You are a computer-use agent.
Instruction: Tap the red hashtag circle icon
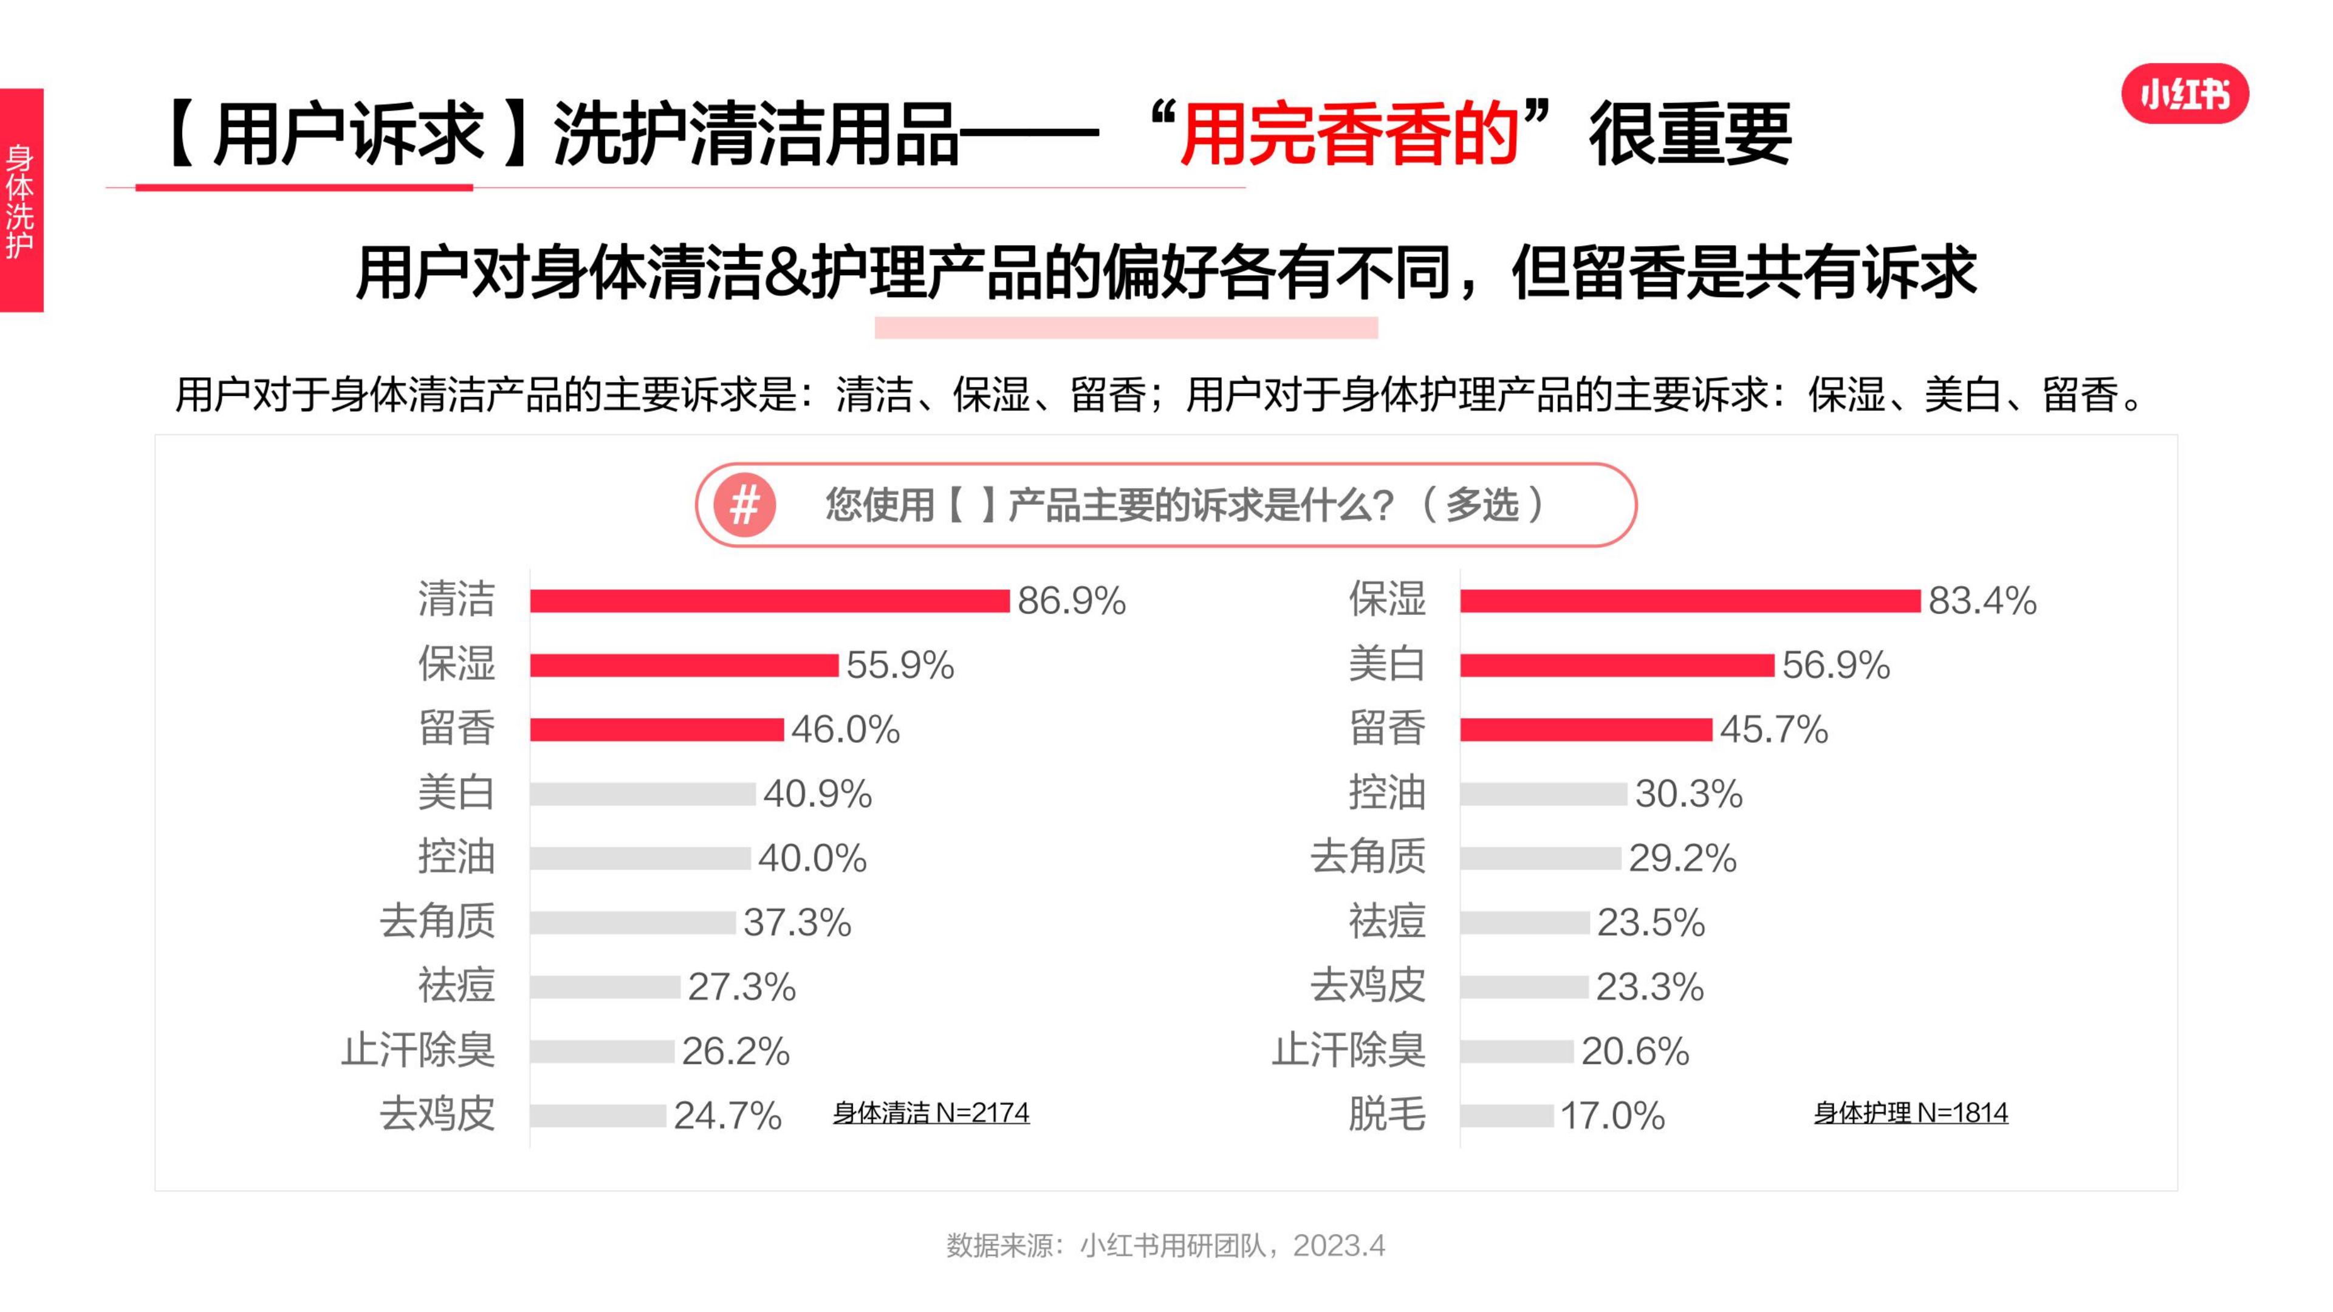tap(744, 504)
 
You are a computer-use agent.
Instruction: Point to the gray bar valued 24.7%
tap(598, 1116)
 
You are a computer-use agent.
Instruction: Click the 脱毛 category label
tap(1386, 1115)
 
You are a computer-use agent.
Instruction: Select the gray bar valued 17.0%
tap(1506, 1116)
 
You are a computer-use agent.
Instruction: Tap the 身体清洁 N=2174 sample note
tap(931, 1112)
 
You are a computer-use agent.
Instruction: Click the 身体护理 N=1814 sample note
tap(1910, 1112)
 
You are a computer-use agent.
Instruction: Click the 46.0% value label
tap(845, 729)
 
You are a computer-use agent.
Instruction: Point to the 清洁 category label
tap(456, 600)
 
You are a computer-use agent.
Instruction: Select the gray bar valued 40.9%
tap(642, 794)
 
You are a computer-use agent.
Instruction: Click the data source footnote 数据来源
tap(1166, 1246)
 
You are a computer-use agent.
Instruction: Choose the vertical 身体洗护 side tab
tap(21, 201)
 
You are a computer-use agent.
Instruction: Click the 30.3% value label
tap(1688, 794)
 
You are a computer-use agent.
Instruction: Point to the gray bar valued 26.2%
tap(601, 1051)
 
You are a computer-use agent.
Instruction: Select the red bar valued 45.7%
tap(1586, 729)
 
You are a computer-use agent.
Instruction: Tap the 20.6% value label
tap(1635, 1051)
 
